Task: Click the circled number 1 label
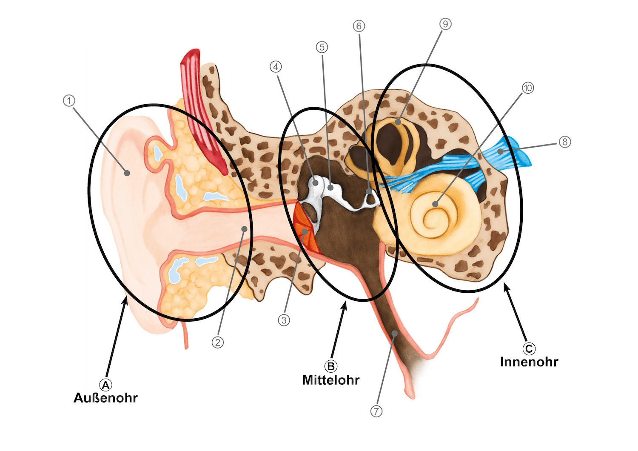click(68, 101)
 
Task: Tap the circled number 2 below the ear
click(218, 342)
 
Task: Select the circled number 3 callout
click(284, 320)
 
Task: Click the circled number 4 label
click(276, 67)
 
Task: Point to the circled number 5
click(322, 46)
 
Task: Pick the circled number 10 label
click(527, 88)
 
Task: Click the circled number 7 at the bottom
click(376, 412)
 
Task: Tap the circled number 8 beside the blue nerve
click(564, 142)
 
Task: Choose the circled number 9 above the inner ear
click(445, 24)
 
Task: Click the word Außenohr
click(105, 398)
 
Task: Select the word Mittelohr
click(331, 380)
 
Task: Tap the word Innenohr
click(529, 362)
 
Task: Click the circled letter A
click(105, 385)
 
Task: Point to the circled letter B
click(330, 366)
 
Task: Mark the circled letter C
click(529, 349)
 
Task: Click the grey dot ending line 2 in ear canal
click(244, 229)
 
